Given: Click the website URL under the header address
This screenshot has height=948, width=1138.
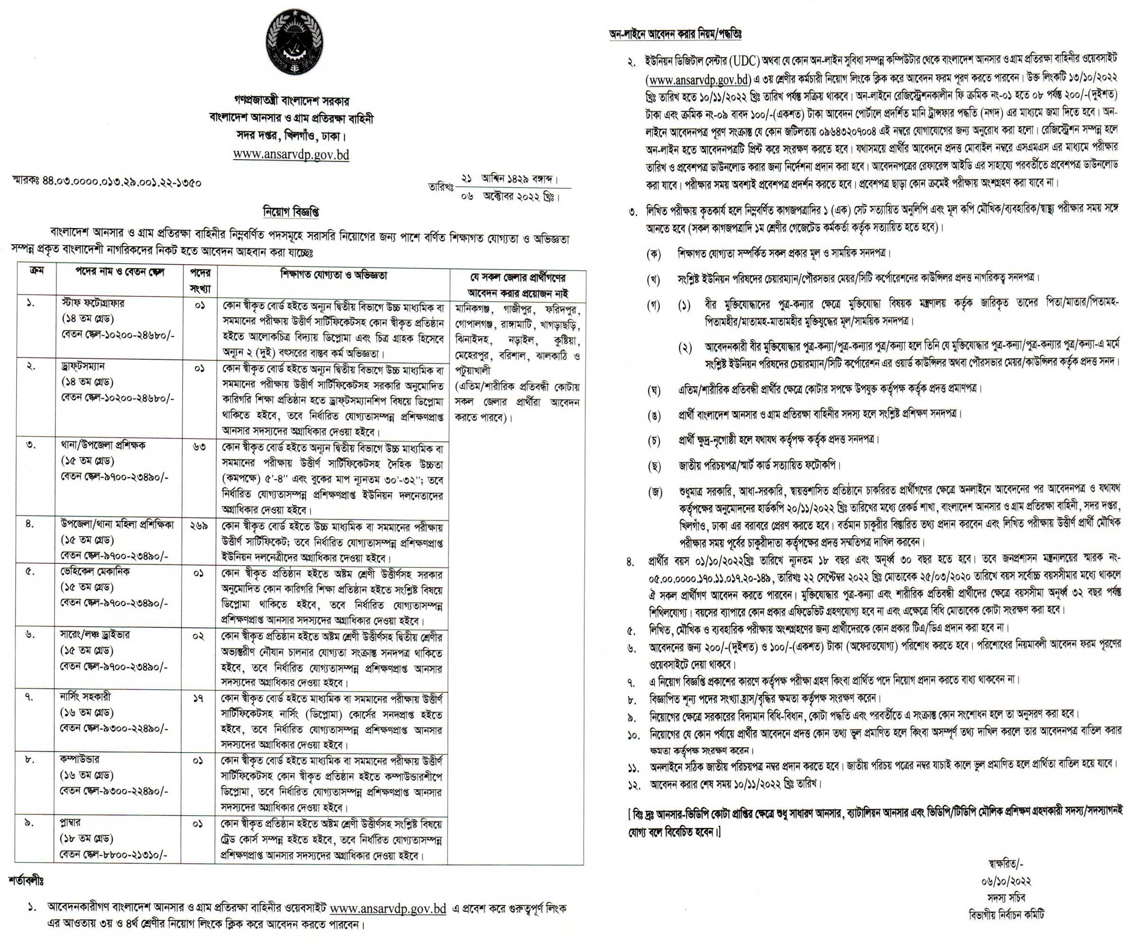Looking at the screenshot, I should click(291, 155).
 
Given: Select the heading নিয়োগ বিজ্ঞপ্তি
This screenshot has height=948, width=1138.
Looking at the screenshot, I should click(291, 212).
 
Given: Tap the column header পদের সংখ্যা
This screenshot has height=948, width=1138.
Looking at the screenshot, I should click(200, 281).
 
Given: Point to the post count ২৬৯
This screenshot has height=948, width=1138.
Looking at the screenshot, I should click(199, 526).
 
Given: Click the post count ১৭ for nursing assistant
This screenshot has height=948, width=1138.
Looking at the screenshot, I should click(198, 699).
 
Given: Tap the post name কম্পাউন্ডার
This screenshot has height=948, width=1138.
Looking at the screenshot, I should click(80, 759).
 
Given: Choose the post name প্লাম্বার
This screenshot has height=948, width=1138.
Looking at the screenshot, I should click(71, 822).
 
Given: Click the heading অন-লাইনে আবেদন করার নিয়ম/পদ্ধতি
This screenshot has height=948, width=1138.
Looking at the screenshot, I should click(675, 34).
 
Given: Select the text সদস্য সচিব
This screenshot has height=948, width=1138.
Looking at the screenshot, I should click(1004, 898).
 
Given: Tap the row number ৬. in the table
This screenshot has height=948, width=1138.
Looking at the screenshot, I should click(31, 634).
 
